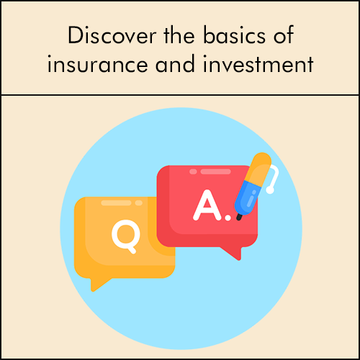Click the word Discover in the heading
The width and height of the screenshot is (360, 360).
[112, 35]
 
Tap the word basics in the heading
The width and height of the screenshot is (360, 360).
[235, 35]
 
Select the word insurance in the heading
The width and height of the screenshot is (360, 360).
[97, 63]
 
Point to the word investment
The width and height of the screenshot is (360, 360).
[258, 63]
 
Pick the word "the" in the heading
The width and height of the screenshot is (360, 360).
[179, 35]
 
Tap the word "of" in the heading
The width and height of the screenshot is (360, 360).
[284, 35]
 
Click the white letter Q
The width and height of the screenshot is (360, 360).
[126, 236]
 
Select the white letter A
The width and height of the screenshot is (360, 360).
[207, 205]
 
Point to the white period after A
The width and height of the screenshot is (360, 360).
[228, 217]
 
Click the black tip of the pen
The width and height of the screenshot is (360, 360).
[239, 217]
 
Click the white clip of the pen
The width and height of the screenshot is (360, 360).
[274, 179]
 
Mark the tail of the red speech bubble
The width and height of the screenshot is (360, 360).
[233, 253]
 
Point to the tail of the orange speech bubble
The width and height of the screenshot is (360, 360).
[99, 284]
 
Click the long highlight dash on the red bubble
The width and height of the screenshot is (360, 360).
[216, 171]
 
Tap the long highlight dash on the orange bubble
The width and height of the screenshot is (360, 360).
[116, 203]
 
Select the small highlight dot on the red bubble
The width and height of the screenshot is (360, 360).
[193, 171]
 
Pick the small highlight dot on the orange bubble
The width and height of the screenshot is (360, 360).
[139, 203]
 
